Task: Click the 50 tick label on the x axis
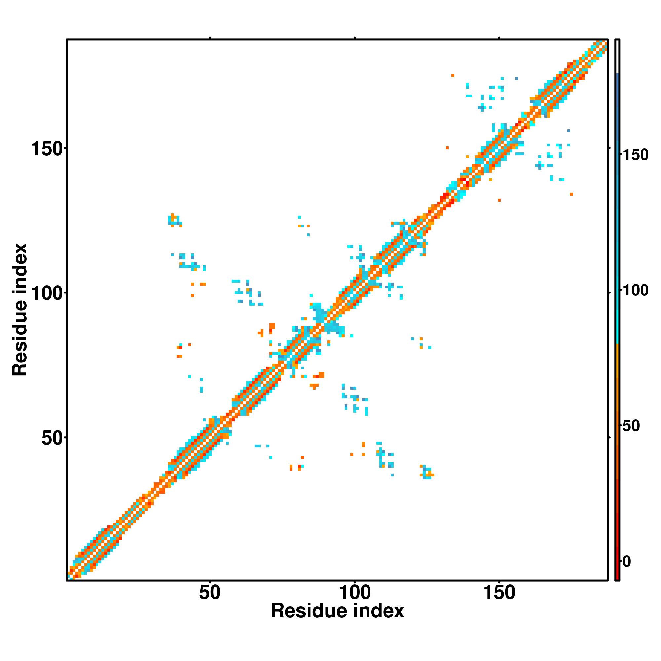tap(210, 593)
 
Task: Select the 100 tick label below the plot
tap(354, 593)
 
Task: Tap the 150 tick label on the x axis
tap(499, 593)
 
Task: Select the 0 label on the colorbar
tap(627, 562)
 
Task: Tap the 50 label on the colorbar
tap(631, 426)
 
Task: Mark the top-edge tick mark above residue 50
tap(210, 38)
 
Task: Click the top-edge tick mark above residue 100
tap(355, 38)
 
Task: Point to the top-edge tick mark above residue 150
tap(499, 38)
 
